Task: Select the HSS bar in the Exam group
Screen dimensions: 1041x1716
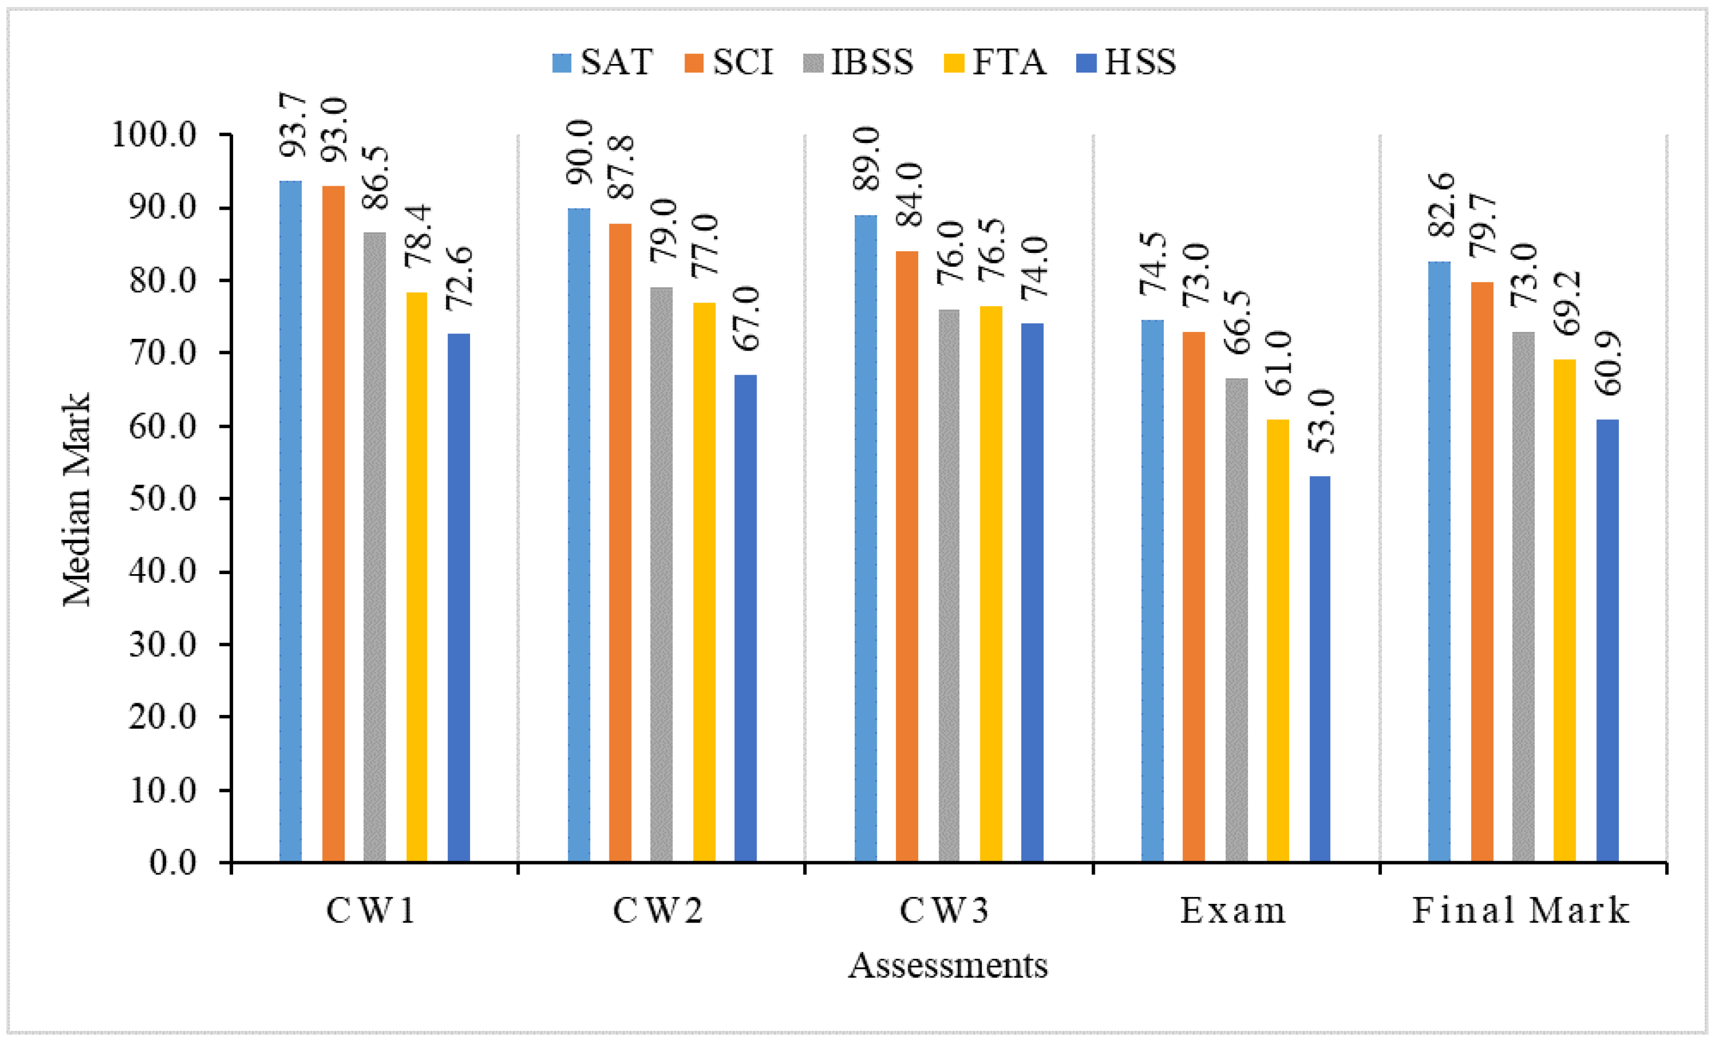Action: (1320, 669)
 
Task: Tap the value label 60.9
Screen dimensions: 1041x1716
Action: (1609, 363)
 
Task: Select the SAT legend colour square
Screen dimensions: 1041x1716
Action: (562, 62)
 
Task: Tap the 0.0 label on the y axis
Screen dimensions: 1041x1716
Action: (173, 863)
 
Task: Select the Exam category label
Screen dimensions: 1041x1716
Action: (1233, 911)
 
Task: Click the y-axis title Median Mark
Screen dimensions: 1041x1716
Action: (77, 499)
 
